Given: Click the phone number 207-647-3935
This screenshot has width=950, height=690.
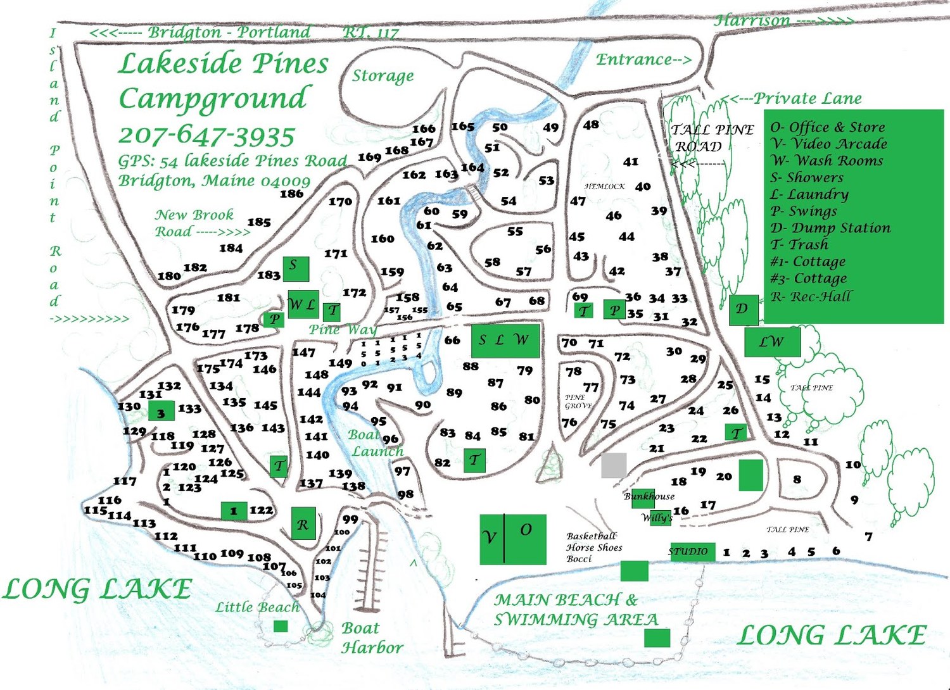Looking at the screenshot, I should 206,135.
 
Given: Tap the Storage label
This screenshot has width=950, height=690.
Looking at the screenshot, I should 383,76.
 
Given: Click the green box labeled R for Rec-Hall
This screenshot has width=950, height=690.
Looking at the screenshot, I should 303,524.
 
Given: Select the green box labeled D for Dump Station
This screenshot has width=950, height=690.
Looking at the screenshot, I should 743,310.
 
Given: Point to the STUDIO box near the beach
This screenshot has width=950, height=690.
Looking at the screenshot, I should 692,551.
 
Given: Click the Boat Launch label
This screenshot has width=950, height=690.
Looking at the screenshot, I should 376,443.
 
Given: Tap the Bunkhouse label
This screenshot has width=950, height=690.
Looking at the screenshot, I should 649,496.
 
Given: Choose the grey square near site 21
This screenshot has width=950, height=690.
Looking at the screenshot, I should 614,465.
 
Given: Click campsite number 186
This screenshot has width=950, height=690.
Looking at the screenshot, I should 291,194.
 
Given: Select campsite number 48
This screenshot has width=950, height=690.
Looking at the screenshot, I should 591,125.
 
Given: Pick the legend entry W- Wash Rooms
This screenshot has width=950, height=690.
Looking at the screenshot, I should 826,161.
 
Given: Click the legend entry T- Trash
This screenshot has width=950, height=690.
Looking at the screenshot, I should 799,244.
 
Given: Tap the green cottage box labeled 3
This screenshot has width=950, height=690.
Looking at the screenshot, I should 161,411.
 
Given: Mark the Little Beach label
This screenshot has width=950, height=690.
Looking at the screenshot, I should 257,607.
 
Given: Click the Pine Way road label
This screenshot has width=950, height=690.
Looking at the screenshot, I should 342,329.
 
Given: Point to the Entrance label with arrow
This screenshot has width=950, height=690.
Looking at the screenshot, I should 643,60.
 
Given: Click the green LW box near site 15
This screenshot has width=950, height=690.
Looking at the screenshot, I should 772,342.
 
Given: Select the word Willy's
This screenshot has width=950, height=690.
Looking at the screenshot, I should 657,518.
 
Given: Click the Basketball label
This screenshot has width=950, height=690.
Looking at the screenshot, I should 591,536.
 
